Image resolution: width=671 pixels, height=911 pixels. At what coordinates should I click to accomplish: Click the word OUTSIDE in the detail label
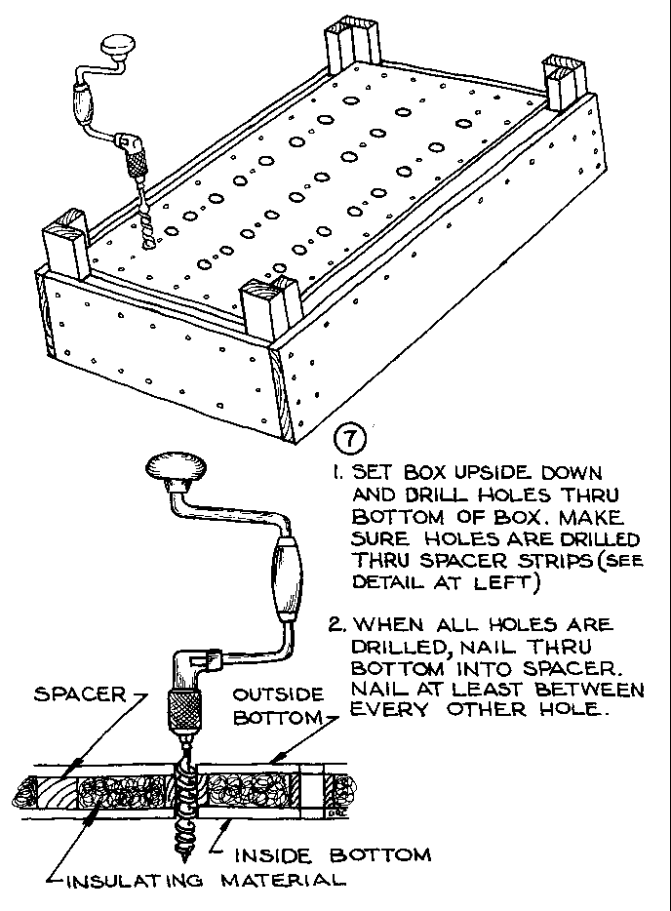point(276,695)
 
